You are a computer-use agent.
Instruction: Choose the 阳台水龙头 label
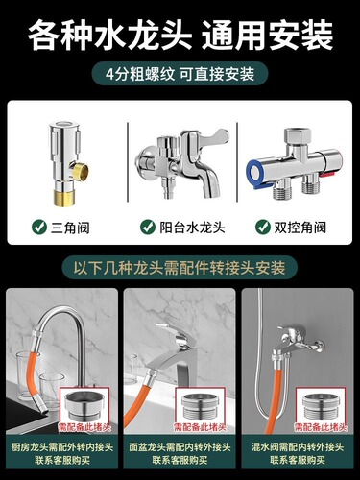(x=188, y=228)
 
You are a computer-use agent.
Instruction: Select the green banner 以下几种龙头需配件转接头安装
(x=180, y=269)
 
